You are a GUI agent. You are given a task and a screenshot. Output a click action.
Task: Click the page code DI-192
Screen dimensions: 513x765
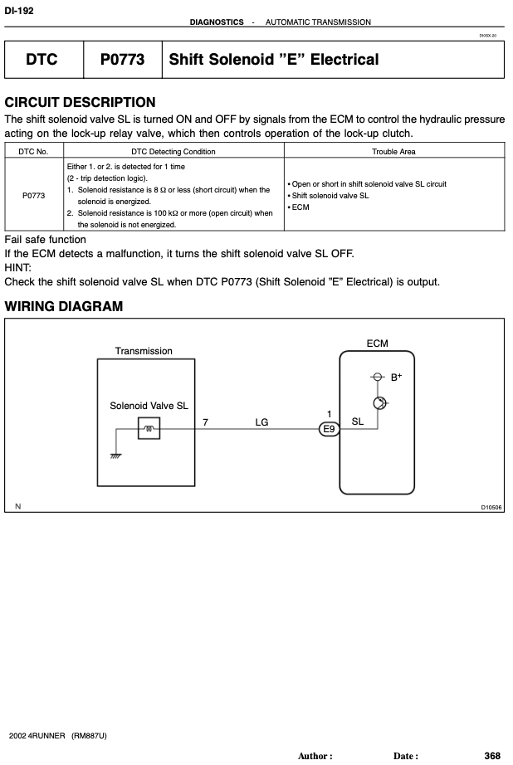click(x=19, y=10)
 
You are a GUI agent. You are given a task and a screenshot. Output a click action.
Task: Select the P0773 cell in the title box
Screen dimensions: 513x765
click(x=123, y=60)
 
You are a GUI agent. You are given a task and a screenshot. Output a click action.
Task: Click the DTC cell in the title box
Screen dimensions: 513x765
click(x=42, y=60)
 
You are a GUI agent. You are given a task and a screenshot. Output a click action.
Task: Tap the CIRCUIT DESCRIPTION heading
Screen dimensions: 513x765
click(x=80, y=102)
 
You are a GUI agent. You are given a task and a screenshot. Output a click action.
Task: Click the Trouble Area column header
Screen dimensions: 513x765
click(x=393, y=152)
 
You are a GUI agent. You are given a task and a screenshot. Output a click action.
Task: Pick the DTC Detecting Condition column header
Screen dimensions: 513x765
click(x=173, y=152)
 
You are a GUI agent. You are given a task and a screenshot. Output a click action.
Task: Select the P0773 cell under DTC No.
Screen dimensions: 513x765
click(x=34, y=196)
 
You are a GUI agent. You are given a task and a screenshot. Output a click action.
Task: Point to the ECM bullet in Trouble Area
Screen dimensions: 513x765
click(x=298, y=207)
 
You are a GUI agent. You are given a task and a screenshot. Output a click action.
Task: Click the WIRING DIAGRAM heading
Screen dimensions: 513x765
click(x=63, y=306)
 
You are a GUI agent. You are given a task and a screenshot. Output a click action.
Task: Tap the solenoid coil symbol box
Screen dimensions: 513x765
click(x=149, y=428)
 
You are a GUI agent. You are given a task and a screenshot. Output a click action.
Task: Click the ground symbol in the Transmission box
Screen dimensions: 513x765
click(x=115, y=456)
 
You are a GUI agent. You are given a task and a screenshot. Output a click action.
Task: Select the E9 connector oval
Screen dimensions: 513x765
click(x=329, y=429)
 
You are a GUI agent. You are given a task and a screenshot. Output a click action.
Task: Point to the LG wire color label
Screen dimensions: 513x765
click(x=261, y=422)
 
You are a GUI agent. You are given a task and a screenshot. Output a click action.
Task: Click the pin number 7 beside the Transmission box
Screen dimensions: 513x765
click(x=206, y=422)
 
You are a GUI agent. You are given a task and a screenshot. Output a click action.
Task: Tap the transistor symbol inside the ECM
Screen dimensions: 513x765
click(x=380, y=403)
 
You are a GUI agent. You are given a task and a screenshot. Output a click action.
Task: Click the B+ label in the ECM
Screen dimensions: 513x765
click(x=396, y=378)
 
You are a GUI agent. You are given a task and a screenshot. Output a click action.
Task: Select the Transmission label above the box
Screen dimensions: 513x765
click(x=144, y=351)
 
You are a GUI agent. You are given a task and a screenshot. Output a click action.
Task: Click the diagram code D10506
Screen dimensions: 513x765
click(x=491, y=508)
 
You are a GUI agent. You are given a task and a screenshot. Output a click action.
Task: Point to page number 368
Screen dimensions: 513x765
click(x=492, y=756)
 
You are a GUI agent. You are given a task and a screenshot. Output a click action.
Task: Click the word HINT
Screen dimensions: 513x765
click(x=17, y=268)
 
